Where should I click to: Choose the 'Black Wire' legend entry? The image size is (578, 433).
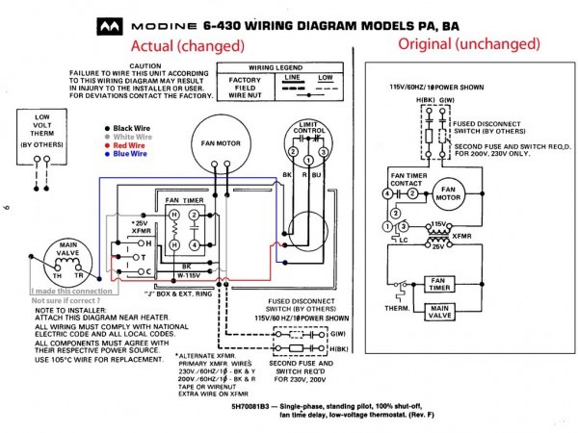(x=134, y=128)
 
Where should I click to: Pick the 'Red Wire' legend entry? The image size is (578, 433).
(x=131, y=144)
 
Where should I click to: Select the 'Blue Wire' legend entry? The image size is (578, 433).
(x=132, y=153)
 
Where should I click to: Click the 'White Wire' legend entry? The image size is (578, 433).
(x=134, y=137)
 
